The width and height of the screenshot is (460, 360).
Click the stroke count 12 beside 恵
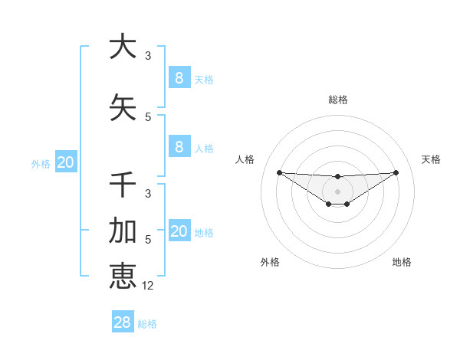[x=149, y=286]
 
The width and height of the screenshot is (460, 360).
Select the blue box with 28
[x=123, y=322]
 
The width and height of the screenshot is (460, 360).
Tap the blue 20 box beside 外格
[x=66, y=162]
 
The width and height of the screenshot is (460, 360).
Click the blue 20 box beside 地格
[x=179, y=231]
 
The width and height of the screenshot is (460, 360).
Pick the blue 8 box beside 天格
[x=179, y=77]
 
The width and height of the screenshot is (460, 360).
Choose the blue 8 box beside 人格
[x=179, y=147]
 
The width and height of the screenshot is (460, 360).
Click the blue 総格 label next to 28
[x=148, y=324]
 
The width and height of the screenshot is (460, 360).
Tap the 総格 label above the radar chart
[x=338, y=100]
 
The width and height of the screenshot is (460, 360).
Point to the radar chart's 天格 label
[x=432, y=159]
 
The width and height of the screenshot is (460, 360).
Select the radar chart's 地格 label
[x=402, y=262]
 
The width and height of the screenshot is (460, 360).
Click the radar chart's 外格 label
[x=270, y=262]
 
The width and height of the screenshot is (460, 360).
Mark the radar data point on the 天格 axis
[x=396, y=172]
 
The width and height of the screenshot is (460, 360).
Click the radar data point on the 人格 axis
[x=279, y=172]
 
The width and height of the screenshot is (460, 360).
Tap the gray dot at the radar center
[x=338, y=191]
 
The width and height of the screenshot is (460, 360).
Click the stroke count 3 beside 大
[x=148, y=56]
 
